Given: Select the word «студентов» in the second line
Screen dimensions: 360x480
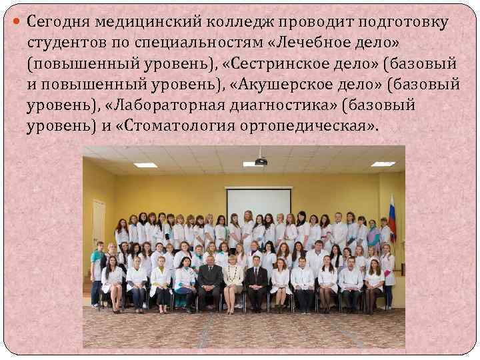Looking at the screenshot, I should [x=68, y=43].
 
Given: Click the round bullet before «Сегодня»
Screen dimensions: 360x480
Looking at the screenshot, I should [x=19, y=23].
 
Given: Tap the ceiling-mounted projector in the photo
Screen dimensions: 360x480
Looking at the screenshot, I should [x=261, y=161].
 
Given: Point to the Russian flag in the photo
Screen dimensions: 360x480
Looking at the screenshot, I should [x=393, y=217].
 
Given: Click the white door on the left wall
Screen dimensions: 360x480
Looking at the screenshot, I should [x=99, y=223].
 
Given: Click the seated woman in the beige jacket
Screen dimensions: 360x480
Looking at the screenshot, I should [x=233, y=280].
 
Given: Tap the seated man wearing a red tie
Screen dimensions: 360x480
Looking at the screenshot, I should [x=256, y=280].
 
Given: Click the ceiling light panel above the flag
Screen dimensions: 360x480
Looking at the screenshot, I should [x=383, y=163].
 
